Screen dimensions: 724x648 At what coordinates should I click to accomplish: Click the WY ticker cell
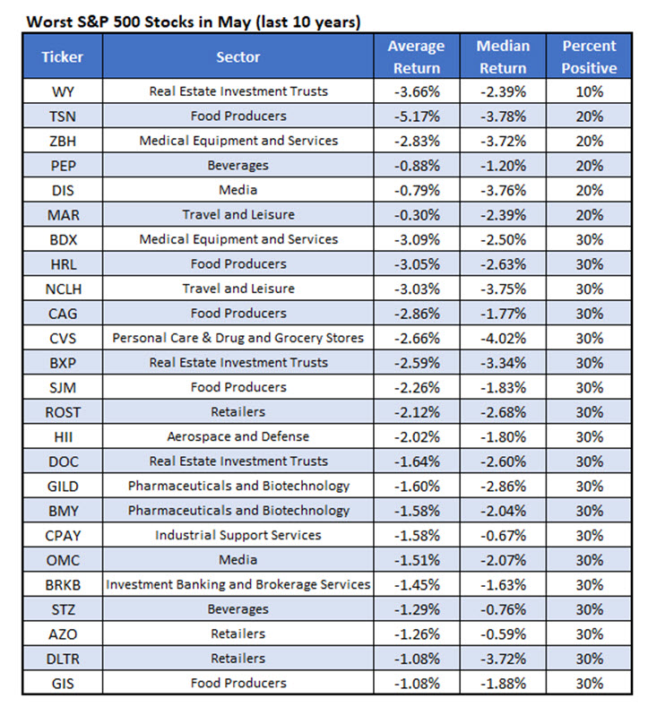62,90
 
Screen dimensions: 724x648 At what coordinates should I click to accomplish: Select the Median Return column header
503,56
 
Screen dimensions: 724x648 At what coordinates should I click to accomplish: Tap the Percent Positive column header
590,56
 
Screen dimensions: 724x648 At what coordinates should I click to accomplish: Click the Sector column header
238,56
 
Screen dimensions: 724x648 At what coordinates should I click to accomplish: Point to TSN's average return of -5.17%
416,116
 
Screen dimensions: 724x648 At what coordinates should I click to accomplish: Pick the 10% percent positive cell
590,90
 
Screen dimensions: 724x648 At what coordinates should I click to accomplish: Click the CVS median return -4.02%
503,338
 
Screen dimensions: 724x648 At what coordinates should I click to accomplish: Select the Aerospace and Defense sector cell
238,436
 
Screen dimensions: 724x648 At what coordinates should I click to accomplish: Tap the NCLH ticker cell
62,289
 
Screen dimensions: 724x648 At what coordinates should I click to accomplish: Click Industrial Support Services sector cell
238,535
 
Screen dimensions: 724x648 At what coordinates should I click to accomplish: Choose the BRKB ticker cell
62,584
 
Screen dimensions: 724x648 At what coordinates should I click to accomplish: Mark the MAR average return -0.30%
416,214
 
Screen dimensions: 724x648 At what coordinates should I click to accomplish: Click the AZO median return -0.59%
503,633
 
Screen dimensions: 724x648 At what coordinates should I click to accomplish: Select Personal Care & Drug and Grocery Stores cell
238,338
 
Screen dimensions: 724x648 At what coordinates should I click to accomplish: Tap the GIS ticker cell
62,683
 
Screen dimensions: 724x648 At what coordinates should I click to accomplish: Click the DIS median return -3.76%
503,189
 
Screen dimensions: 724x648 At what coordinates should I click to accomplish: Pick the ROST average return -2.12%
416,412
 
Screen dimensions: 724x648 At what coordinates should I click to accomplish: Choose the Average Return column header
416,56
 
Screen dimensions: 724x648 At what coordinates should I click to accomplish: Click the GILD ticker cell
62,486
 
